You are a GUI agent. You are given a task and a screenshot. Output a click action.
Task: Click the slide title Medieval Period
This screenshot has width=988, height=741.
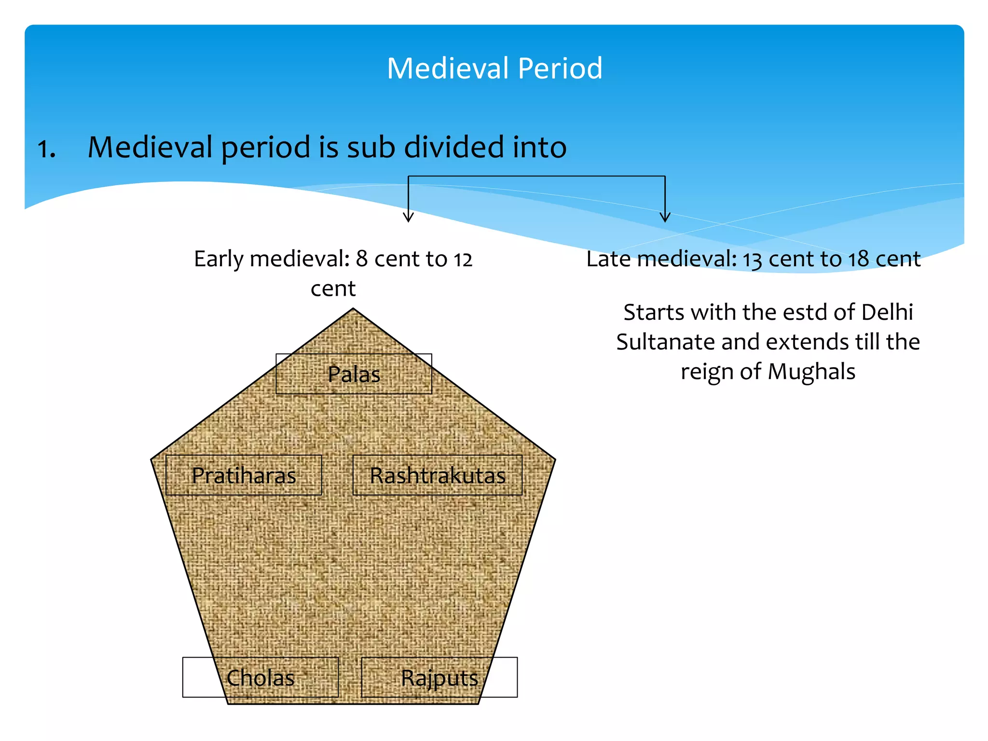click(x=494, y=68)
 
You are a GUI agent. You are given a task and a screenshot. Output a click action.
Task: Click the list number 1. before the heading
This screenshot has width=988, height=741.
click(x=46, y=149)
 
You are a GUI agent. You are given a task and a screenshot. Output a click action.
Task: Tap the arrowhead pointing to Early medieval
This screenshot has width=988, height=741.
click(x=408, y=217)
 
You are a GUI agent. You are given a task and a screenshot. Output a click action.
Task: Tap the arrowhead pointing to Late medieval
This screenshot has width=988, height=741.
click(x=665, y=217)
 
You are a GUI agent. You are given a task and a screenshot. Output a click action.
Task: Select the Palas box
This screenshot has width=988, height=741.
click(x=354, y=374)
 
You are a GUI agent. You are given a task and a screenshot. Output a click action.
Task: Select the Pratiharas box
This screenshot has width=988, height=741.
click(x=244, y=476)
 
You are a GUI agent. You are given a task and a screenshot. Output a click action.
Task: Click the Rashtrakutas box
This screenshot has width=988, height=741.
click(x=438, y=476)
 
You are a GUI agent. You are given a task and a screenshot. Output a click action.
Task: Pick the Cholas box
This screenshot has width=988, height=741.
click(x=260, y=678)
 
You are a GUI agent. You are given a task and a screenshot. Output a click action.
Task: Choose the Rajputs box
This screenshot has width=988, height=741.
click(x=439, y=678)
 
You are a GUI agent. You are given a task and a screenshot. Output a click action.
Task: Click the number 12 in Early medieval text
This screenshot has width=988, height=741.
click(x=462, y=260)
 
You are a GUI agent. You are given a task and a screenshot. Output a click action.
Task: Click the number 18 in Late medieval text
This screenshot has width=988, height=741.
click(x=859, y=260)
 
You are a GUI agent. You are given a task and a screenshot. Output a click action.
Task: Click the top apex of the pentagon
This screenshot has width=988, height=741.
click(x=353, y=310)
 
